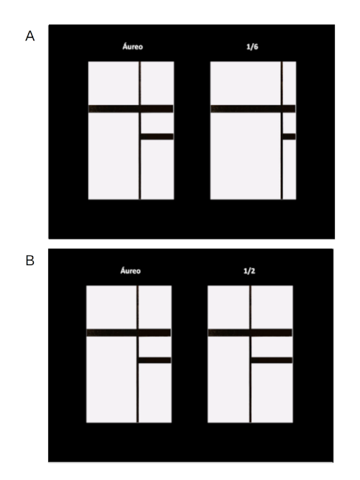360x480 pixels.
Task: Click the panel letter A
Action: pos(30,35)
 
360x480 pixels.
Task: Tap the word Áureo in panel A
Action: pos(131,48)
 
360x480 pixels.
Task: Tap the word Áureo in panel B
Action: pos(129,272)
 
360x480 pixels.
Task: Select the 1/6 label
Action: pos(253,48)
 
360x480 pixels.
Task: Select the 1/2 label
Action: pos(250,272)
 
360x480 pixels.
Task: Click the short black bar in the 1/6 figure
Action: pos(289,136)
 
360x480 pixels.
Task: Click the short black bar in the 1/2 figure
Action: pos(271,360)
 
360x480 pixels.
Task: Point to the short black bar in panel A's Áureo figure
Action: pos(157,136)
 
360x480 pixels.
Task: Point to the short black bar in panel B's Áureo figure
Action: pos(154,360)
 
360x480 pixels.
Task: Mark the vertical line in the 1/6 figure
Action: pos(282,166)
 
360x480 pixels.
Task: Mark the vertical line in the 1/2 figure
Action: pos(250,389)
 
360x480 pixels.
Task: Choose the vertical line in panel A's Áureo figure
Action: pos(140,166)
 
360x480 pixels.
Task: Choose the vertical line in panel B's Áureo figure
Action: pos(138,389)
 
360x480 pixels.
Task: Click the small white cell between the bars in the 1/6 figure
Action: pos(289,123)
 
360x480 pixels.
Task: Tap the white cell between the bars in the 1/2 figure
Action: pos(271,346)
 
